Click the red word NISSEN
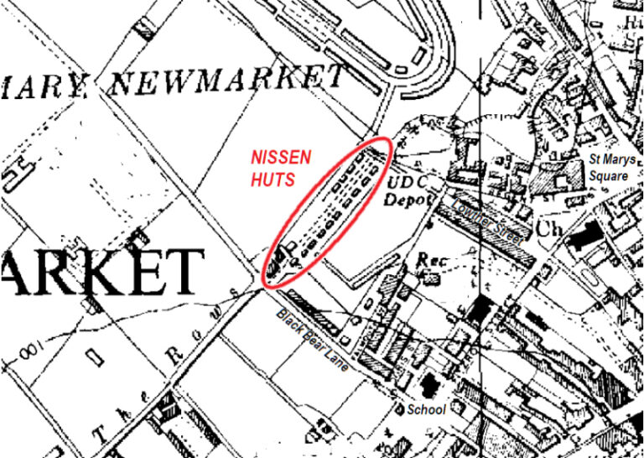click(x=282, y=157)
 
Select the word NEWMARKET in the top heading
click(x=227, y=80)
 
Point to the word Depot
click(x=408, y=200)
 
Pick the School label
click(x=426, y=409)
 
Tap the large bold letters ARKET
click(x=101, y=270)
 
